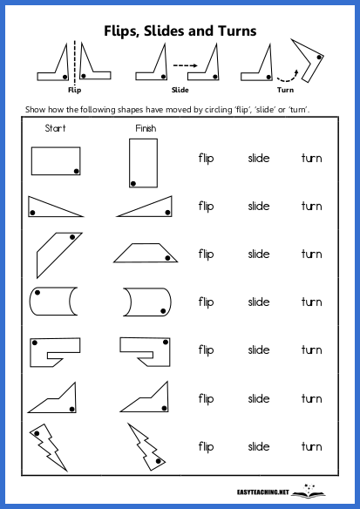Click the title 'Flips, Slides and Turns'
tap(180, 31)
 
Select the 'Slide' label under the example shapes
tap(180, 89)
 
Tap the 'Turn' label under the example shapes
tap(285, 89)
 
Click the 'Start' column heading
tap(54, 129)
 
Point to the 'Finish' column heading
tap(146, 129)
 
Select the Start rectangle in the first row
tap(56, 160)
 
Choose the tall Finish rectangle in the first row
tap(141, 163)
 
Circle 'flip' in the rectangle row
tap(206, 159)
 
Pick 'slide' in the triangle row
tap(258, 207)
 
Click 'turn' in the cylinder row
tap(311, 302)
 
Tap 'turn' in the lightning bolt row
tap(311, 446)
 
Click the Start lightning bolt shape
tap(48, 445)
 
